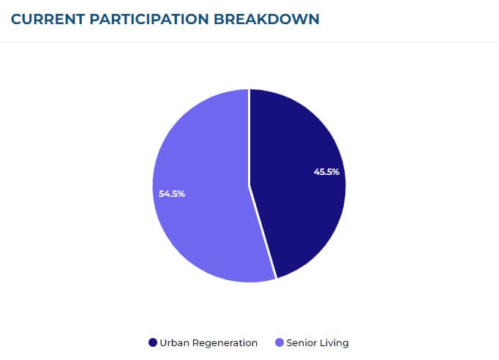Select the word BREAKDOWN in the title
(x=266, y=19)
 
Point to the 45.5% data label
(x=326, y=172)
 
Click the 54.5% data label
(x=172, y=194)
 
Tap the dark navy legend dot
(x=153, y=342)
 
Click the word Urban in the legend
(x=173, y=342)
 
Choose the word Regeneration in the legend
(x=225, y=342)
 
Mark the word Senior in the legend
(x=301, y=342)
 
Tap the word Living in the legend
(x=334, y=342)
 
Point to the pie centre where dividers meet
(x=249, y=186)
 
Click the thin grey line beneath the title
(x=249, y=42)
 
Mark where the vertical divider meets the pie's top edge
(x=249, y=90)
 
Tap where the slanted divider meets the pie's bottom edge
(x=276, y=279)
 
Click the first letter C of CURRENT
(x=16, y=19)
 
